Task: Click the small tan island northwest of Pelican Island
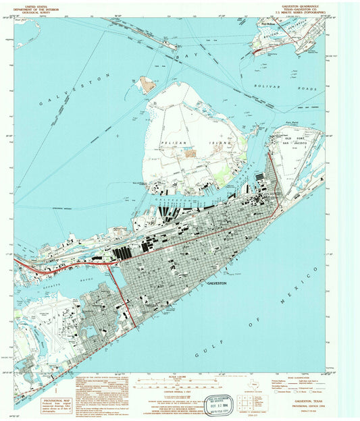[x=147, y=84]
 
